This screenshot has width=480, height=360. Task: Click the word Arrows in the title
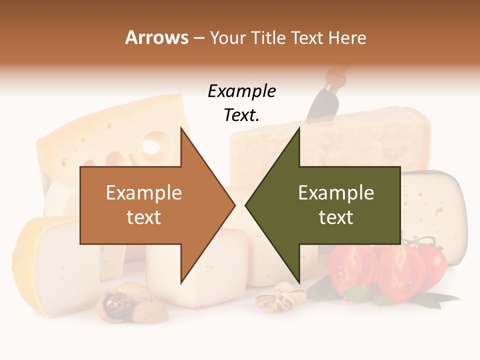point(156,37)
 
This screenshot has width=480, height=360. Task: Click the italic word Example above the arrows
point(241,91)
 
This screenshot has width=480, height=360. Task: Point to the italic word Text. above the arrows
point(241,115)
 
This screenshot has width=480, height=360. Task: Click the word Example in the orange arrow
point(143,192)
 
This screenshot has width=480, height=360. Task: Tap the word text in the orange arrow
point(143,217)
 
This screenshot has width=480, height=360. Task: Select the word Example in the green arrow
point(336,192)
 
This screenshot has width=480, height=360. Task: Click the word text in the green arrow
point(336,217)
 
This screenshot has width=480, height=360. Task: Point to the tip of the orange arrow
point(234,204)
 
